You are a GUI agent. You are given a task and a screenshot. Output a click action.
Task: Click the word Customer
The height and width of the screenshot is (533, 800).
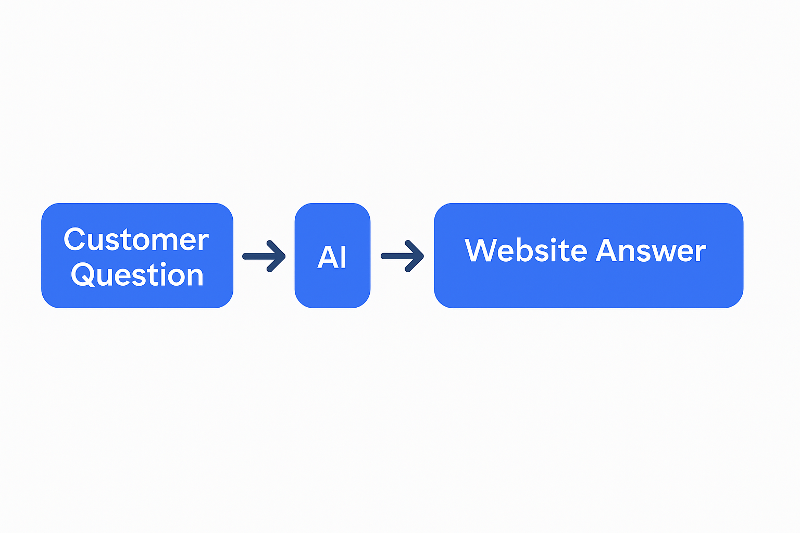tap(136, 239)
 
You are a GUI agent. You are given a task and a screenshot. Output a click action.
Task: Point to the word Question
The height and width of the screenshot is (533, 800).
tap(137, 275)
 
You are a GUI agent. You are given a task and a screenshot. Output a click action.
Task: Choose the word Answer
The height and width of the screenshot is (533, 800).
tap(651, 250)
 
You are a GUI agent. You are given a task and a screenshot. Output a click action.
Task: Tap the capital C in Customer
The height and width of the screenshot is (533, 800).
tap(74, 239)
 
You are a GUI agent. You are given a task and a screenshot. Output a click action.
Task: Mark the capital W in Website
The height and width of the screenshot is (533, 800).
tap(482, 250)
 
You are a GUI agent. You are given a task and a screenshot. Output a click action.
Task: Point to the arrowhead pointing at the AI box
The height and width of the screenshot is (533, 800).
tap(279, 256)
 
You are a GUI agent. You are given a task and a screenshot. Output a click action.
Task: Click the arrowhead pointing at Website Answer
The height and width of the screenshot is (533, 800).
tap(417, 256)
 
